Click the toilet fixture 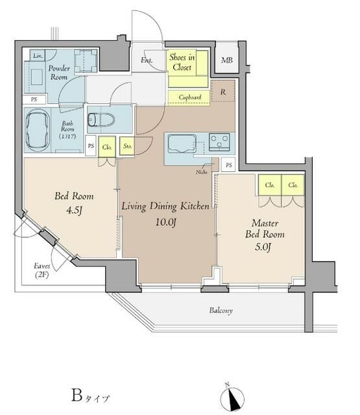pyautogui.click(x=101, y=120)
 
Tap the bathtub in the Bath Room pyautogui.click(x=38, y=131)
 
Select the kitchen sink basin pyautogui.click(x=182, y=144)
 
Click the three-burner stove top pyautogui.click(x=219, y=142)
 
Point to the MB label pyautogui.click(x=227, y=60)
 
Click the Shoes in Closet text pyautogui.click(x=182, y=62)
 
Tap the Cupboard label pyautogui.click(x=190, y=97)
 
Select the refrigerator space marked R pyautogui.click(x=223, y=91)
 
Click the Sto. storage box pyautogui.click(x=127, y=145)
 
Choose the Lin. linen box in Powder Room pyautogui.click(x=38, y=56)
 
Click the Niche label pyautogui.click(x=202, y=172)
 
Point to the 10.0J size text pyautogui.click(x=165, y=222)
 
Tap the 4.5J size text pyautogui.click(x=74, y=210)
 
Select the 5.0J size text pyautogui.click(x=263, y=247)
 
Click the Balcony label pyautogui.click(x=221, y=311)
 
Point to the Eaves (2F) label pyautogui.click(x=42, y=270)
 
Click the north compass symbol pyautogui.click(x=232, y=399)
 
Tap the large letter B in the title pyautogui.click(x=77, y=396)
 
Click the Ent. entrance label pyautogui.click(x=147, y=60)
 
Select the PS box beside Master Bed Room pyautogui.click(x=228, y=165)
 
